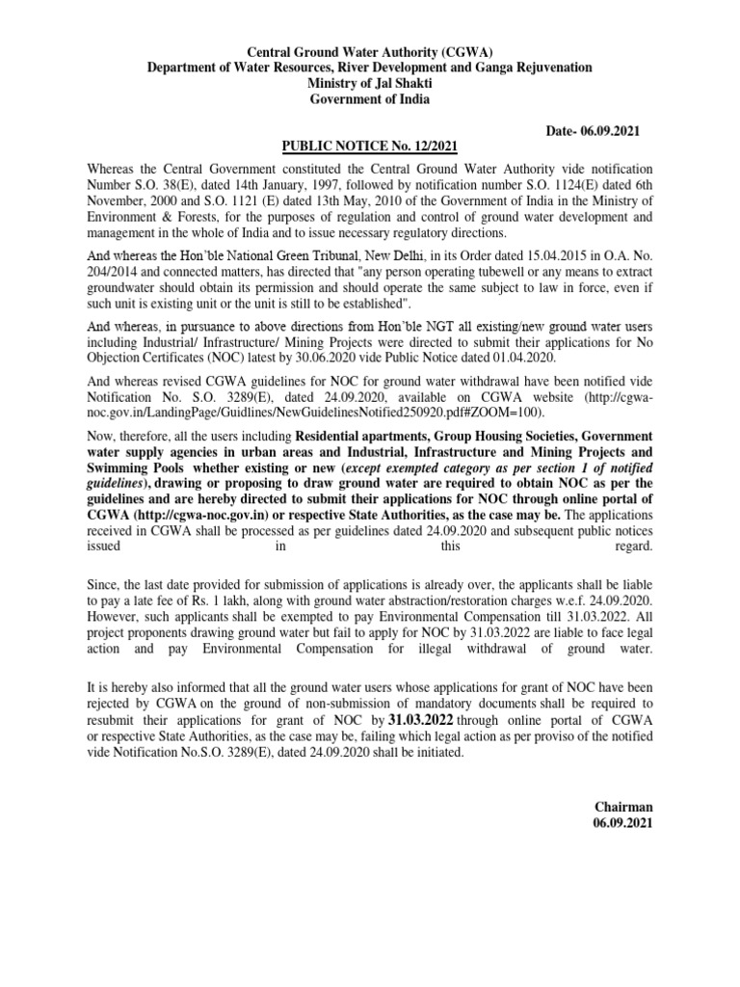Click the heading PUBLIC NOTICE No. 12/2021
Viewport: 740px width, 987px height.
[x=369, y=147]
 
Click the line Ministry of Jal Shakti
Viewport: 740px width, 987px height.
[x=369, y=83]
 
